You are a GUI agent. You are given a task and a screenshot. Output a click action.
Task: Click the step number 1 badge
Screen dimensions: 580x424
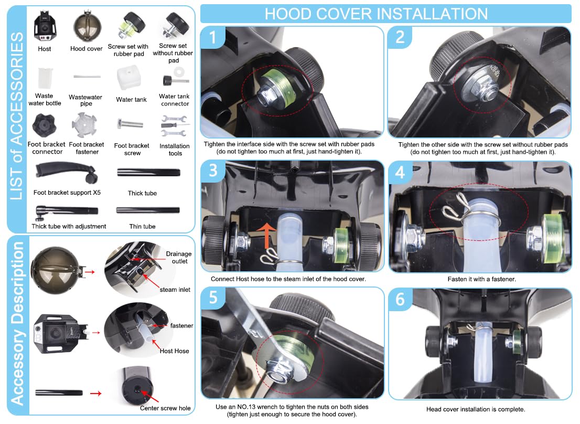pos(212,37)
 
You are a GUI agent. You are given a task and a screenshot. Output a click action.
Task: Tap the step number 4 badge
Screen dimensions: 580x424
pos(400,172)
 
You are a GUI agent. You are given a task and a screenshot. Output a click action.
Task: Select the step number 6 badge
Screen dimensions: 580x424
pos(400,299)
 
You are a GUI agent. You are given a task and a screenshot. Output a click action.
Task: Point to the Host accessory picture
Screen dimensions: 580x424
pos(45,26)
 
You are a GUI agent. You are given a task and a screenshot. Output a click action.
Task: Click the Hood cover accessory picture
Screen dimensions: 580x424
pos(87,26)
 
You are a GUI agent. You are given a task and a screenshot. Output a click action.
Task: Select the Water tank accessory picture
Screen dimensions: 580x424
pos(128,78)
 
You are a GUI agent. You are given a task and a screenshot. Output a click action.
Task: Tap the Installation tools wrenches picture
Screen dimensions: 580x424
pos(174,126)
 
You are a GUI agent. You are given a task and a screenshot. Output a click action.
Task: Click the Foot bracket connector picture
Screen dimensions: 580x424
pos(44,125)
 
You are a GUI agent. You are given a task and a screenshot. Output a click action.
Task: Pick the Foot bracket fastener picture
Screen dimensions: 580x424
pos(84,125)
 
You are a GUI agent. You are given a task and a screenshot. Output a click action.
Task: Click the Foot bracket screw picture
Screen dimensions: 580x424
pos(130,124)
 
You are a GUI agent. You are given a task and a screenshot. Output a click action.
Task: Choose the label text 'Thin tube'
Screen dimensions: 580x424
pos(143,226)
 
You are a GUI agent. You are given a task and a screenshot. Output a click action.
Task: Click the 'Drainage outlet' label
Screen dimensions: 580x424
pos(179,258)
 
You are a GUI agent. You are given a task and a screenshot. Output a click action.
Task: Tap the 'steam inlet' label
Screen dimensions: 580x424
pos(175,290)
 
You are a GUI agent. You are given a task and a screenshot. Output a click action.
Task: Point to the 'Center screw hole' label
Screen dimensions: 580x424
pos(165,408)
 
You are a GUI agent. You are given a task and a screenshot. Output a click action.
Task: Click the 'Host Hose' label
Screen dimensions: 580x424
pos(174,351)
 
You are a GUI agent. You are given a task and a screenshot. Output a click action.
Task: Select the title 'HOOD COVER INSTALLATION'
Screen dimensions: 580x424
pos(376,14)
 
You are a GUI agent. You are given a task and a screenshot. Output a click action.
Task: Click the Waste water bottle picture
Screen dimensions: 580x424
pos(45,78)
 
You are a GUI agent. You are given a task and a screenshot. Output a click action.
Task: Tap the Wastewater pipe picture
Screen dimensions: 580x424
pos(87,76)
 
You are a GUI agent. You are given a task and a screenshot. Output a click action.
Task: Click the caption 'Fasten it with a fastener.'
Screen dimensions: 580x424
pos(481,279)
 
